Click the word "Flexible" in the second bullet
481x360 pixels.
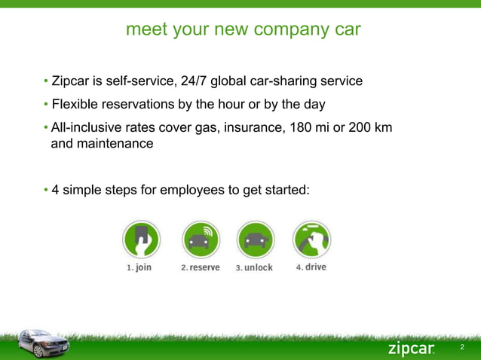[x=77, y=103]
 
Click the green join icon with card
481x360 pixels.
[x=141, y=239]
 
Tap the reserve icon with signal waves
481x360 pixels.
[x=200, y=239]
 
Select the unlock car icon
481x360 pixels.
[x=254, y=239]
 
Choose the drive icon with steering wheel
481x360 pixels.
[x=311, y=239]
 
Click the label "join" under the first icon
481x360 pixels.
[x=143, y=267]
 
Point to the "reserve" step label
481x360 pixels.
[x=204, y=267]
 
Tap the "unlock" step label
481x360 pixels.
[x=259, y=267]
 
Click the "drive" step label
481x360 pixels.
[x=315, y=267]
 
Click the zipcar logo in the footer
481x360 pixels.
[x=411, y=348]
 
